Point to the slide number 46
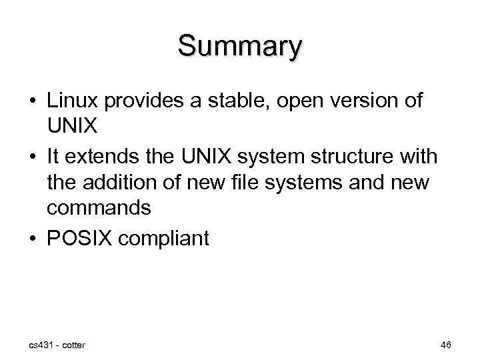(x=445, y=345)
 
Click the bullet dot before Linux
(x=33, y=101)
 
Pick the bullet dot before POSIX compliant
(x=33, y=236)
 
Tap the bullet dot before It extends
(x=33, y=157)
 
